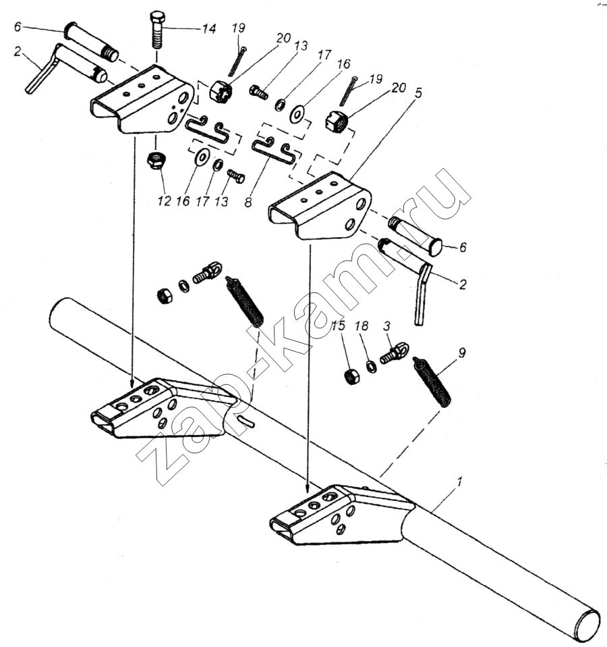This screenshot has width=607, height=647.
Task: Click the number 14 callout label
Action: (x=209, y=28)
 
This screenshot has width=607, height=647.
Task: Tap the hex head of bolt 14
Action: (x=156, y=18)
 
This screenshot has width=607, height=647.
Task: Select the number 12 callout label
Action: (x=164, y=201)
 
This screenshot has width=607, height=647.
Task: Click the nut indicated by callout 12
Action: (x=155, y=160)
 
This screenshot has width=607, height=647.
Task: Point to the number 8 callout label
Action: (x=248, y=203)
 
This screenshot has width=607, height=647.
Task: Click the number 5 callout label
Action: (x=418, y=93)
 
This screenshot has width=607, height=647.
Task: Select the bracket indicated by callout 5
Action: (x=320, y=207)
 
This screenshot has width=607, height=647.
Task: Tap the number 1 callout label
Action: (x=460, y=482)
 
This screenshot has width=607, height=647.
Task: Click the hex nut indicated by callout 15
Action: (x=351, y=376)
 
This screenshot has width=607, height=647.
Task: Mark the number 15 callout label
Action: (x=338, y=326)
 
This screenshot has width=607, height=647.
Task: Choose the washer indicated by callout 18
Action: (x=372, y=366)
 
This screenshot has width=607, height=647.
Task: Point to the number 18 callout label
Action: (x=362, y=326)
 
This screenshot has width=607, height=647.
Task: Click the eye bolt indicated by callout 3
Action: (x=395, y=354)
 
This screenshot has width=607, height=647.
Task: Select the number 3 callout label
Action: (x=386, y=326)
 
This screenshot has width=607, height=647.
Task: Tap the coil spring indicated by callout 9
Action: (x=432, y=382)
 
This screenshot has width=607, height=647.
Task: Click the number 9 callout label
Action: (x=462, y=353)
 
